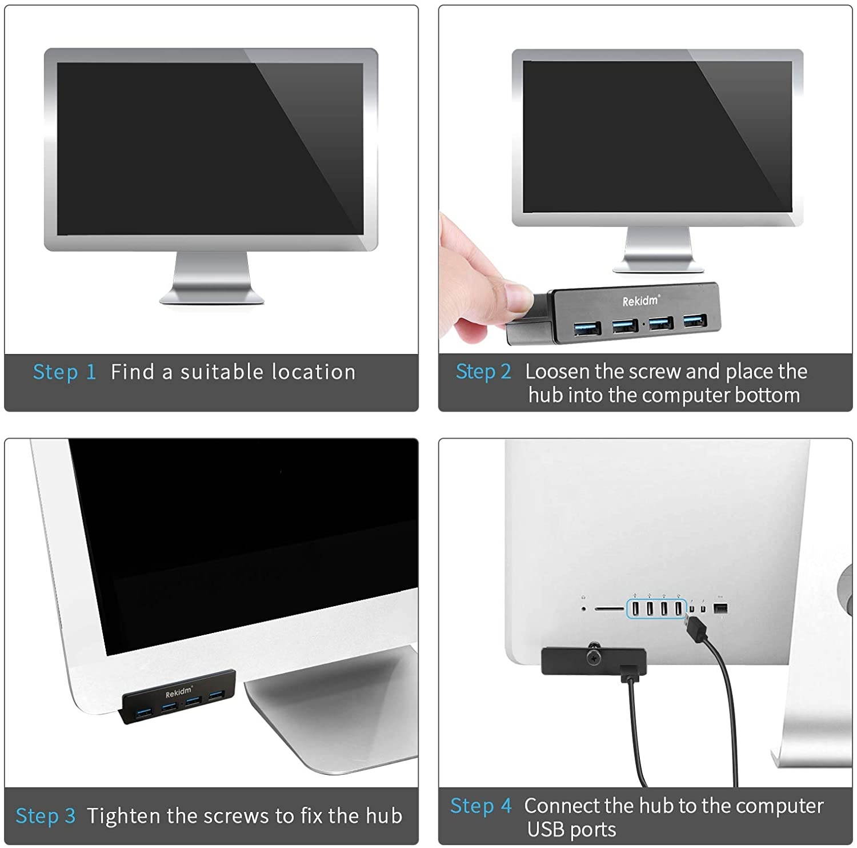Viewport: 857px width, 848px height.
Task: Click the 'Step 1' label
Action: click(x=65, y=372)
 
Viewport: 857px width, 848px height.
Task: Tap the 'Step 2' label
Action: click(x=483, y=372)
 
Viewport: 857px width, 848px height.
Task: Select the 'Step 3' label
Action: click(x=46, y=816)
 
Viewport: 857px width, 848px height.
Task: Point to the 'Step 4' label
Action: click(x=480, y=806)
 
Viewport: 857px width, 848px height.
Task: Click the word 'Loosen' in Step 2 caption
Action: click(x=557, y=372)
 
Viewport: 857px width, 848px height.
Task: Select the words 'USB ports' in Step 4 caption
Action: click(x=571, y=829)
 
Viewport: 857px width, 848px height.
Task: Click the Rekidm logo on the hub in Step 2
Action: click(x=640, y=301)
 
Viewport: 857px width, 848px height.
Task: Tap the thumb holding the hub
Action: click(x=514, y=297)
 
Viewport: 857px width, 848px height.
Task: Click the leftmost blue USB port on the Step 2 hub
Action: click(x=587, y=329)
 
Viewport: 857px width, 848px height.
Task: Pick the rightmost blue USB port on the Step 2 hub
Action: click(x=694, y=321)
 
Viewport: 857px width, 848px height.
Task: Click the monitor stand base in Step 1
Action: click(x=211, y=296)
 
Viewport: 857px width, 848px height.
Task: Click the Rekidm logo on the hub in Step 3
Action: click(x=179, y=692)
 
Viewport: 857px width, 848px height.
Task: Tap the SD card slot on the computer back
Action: click(x=609, y=609)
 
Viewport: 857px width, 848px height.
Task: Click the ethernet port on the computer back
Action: click(x=720, y=608)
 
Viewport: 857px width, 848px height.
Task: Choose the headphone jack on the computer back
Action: click(x=583, y=608)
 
